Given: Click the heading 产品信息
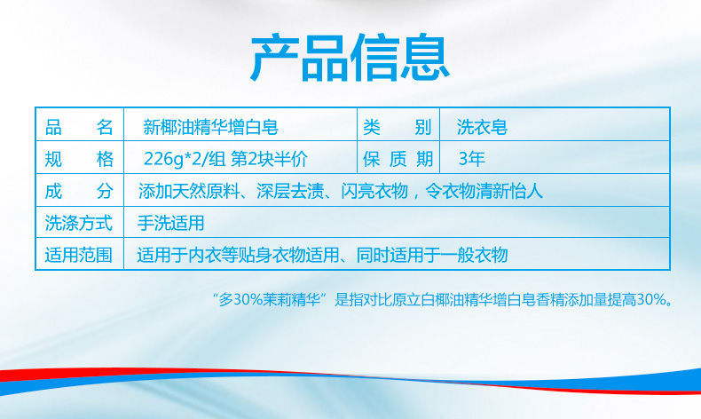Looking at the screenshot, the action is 350,58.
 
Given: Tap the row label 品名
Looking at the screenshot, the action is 79,128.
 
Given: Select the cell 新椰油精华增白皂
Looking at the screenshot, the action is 210,128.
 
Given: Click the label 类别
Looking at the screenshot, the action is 398,128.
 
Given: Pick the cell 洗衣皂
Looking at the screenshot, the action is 482,128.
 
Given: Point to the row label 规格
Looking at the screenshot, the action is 79,159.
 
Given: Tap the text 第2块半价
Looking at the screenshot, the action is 269,159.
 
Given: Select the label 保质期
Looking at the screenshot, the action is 398,159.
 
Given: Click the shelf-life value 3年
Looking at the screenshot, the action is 472,159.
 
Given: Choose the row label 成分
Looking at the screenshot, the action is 79,192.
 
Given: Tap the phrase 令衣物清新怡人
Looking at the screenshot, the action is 484,192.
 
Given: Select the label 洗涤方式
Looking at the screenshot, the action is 79,223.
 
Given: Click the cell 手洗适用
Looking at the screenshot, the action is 170,223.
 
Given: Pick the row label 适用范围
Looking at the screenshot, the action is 79,256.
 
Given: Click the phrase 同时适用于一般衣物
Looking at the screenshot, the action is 432,256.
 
